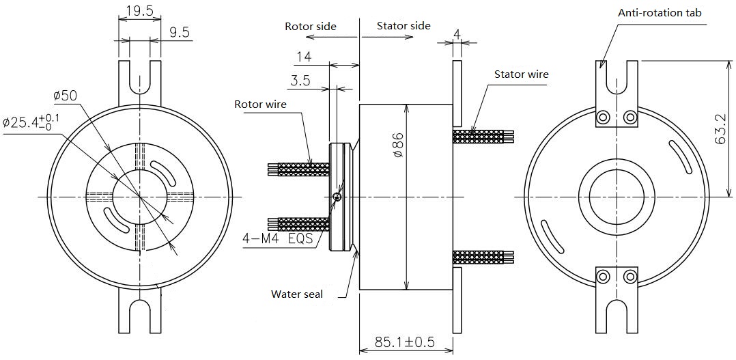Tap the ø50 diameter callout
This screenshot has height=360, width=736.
[x=65, y=95]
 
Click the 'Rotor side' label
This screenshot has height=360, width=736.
[x=311, y=26]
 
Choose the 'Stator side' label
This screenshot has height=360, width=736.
[x=404, y=25]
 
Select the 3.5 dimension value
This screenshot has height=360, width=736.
[x=300, y=81]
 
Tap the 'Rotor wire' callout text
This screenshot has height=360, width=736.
[x=260, y=105]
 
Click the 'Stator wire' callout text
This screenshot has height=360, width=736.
[x=521, y=74]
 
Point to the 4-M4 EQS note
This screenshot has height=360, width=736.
[x=277, y=239]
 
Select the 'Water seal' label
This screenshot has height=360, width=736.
[x=297, y=294]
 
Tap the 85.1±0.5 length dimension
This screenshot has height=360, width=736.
[x=406, y=341]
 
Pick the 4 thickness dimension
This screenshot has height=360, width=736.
[x=457, y=31]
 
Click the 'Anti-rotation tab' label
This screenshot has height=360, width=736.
[x=660, y=12]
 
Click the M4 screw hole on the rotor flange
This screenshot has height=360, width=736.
[x=337, y=197]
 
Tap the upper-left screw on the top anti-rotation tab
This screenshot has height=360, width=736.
[x=603, y=117]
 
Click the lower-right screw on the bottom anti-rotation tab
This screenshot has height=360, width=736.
[x=629, y=277]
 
